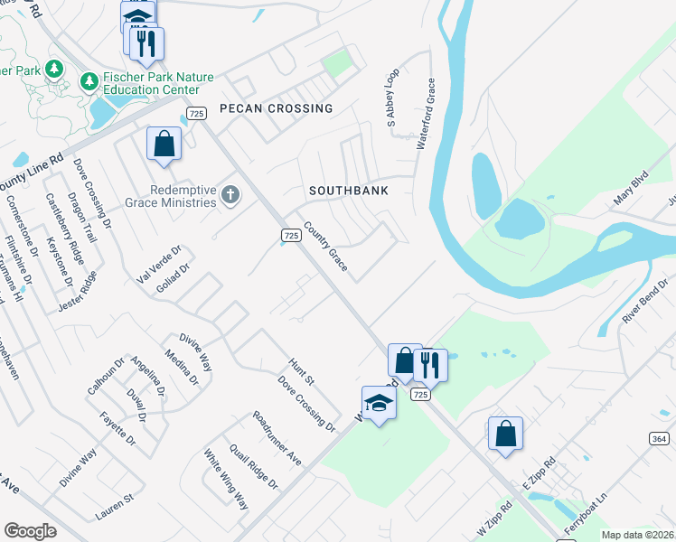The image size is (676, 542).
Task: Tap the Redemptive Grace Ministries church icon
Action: [x=230, y=195]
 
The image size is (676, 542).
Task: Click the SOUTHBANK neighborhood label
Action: [x=348, y=192]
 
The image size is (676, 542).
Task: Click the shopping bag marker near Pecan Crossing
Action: [x=164, y=144]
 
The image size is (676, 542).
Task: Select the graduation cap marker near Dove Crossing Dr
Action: [x=379, y=403]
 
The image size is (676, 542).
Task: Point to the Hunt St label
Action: [x=301, y=369]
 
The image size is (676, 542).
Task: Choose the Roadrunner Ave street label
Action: [x=277, y=438]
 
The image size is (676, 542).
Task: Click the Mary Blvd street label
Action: [x=631, y=187]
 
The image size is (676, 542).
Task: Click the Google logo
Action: [x=30, y=531]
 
